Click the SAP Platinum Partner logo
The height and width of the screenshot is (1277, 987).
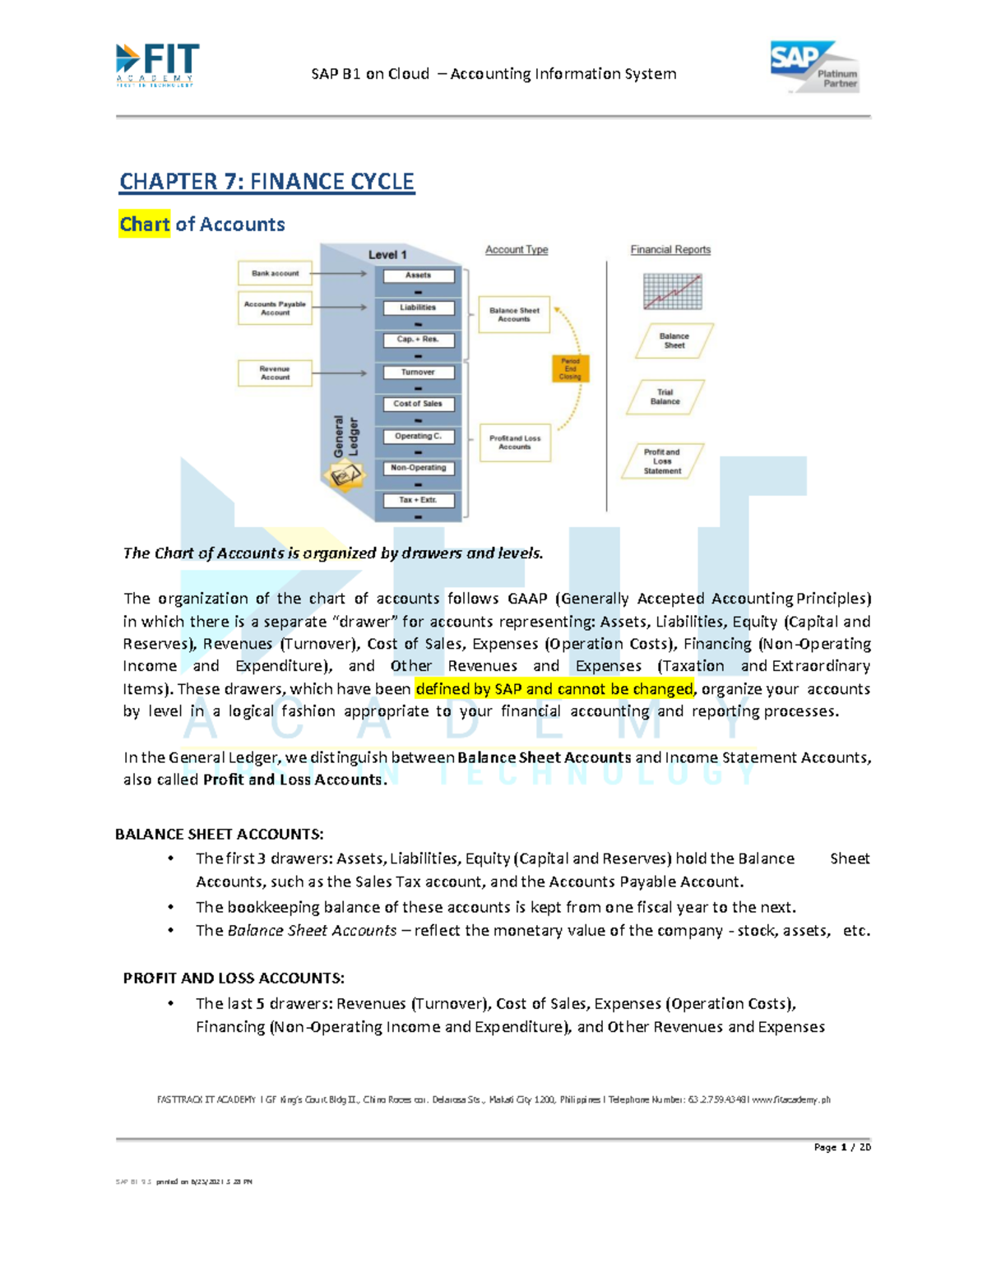pyautogui.click(x=814, y=67)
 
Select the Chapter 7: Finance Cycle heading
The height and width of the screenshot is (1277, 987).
pyautogui.click(x=266, y=182)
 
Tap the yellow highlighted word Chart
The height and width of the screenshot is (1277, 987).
pyautogui.click(x=145, y=224)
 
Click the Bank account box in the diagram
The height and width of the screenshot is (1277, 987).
pyautogui.click(x=275, y=273)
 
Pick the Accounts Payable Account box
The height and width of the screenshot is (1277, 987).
pyautogui.click(x=275, y=308)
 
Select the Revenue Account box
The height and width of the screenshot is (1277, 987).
pyautogui.click(x=275, y=373)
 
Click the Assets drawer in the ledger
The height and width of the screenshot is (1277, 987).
pyautogui.click(x=418, y=275)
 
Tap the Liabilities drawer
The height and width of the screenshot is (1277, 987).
pyautogui.click(x=418, y=308)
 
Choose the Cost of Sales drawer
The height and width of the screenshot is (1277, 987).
pyautogui.click(x=418, y=404)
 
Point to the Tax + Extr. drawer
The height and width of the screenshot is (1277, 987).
pyautogui.click(x=418, y=500)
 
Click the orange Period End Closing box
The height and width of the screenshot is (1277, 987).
pyautogui.click(x=570, y=369)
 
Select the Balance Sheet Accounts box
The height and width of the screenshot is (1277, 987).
pyautogui.click(x=514, y=315)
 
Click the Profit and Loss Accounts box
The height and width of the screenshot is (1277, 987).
pyautogui.click(x=515, y=442)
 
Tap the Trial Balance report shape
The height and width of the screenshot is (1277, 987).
pyautogui.click(x=665, y=397)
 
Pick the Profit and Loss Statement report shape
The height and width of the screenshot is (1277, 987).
pyautogui.click(x=662, y=461)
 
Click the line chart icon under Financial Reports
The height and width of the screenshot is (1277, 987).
pyautogui.click(x=673, y=291)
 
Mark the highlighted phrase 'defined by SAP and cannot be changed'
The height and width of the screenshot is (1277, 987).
pyautogui.click(x=554, y=689)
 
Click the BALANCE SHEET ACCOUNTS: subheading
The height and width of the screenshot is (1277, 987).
pyautogui.click(x=220, y=835)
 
